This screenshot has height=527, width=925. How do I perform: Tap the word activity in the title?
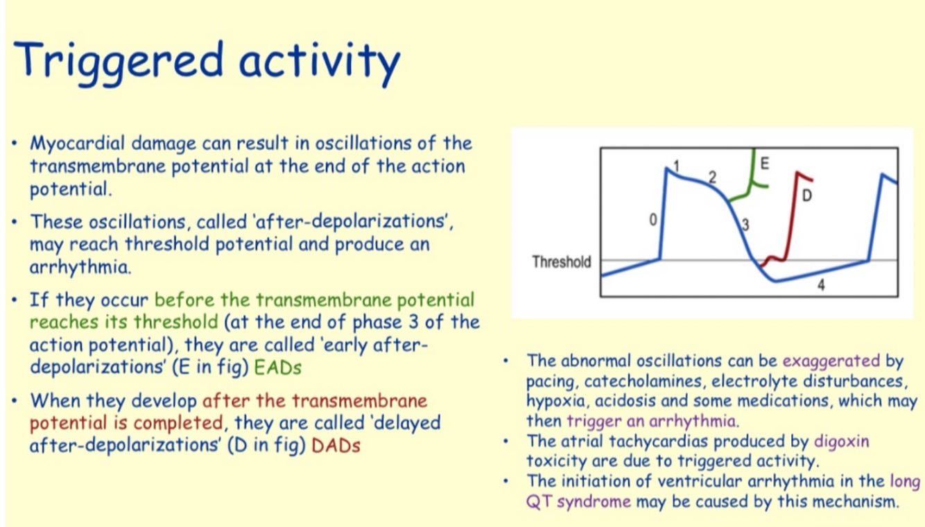pos(320,63)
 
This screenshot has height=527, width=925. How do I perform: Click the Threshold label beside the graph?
pos(562,262)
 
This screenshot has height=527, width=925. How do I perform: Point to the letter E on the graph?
pos(764,164)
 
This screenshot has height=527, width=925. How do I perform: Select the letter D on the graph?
pos(807,195)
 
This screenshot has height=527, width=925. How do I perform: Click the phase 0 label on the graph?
pos(653,220)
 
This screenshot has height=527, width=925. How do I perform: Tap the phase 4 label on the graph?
pos(821,284)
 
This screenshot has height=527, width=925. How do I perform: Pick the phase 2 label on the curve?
pos(712,178)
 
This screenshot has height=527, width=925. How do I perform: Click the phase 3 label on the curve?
pos(745,225)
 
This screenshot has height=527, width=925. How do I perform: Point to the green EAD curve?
pos(752,182)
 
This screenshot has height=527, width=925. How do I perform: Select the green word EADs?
pos(277,367)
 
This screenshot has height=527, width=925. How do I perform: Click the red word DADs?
pos(336,445)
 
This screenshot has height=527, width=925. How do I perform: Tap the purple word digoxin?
pos(842,442)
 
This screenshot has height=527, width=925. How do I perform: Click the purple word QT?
pos(539,502)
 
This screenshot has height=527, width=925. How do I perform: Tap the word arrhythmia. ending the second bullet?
pos(80,267)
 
